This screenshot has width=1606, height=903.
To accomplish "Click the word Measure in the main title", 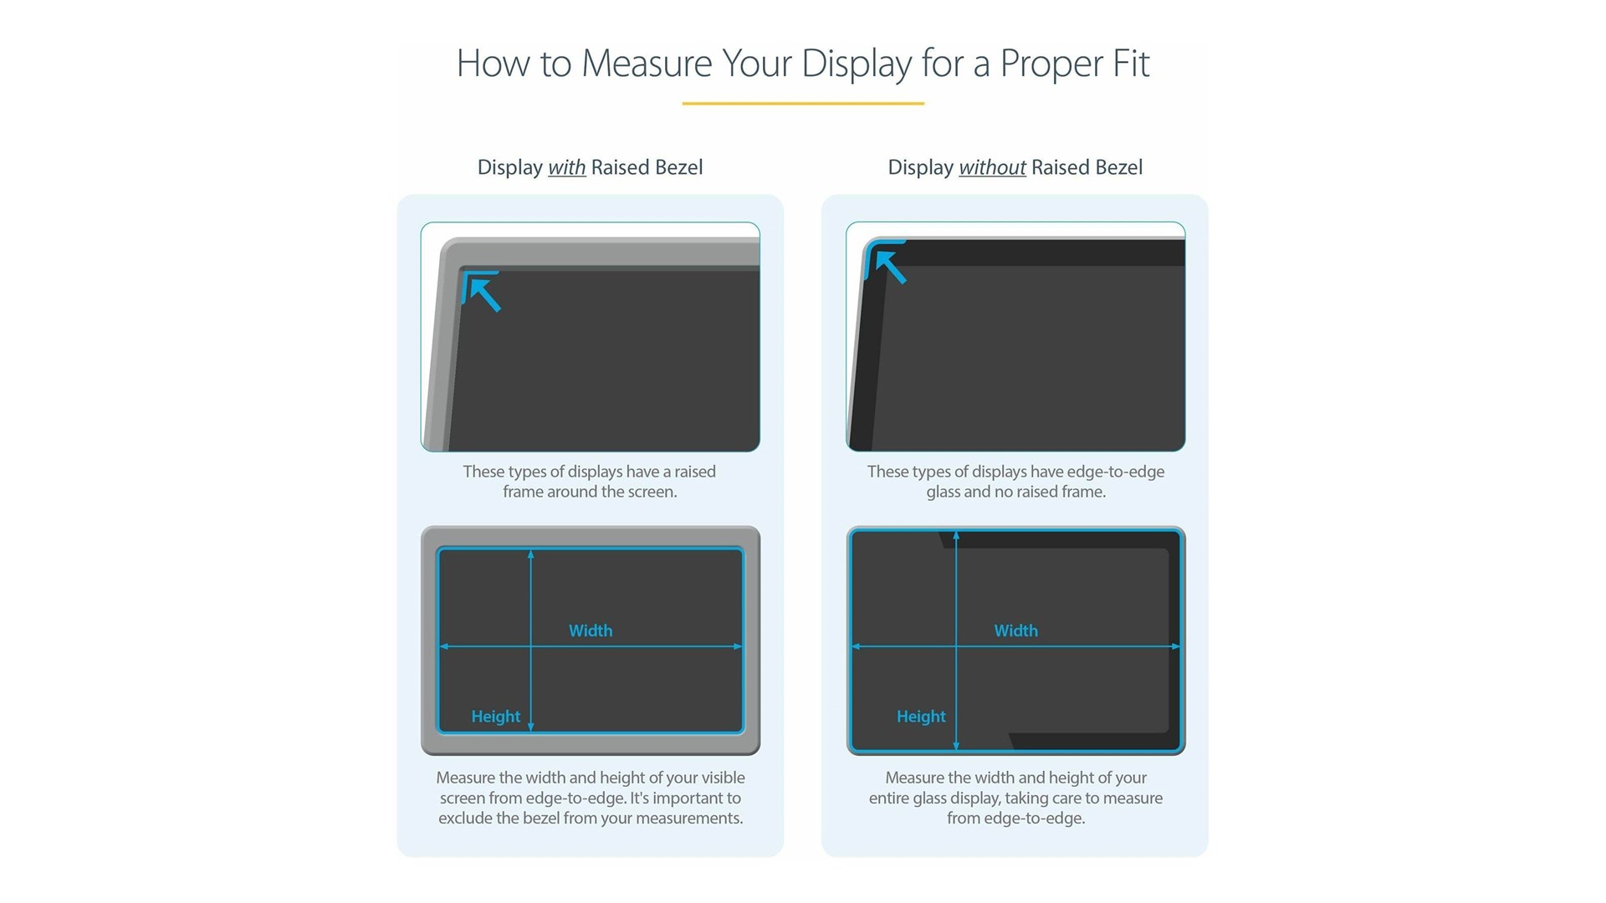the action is point(646,64).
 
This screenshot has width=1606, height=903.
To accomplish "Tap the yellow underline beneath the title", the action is point(803,104).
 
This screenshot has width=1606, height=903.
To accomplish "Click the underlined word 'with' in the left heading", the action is point(566,167).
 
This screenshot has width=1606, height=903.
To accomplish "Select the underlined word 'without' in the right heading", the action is point(992,167).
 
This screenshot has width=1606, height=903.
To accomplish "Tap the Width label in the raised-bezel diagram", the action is point(591,630).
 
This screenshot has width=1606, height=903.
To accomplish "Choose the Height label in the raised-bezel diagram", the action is point(495,717).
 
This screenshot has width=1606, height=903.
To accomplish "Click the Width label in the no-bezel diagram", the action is point(1015,630).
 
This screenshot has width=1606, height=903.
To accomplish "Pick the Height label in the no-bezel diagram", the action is point(921,717).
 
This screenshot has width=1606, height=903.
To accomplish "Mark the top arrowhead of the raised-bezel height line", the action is point(530,554).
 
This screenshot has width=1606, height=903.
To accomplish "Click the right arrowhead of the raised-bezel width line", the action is point(738,646).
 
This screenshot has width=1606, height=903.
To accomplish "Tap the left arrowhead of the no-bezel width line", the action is point(856,646).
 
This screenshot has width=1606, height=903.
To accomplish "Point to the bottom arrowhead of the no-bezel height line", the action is point(956,745).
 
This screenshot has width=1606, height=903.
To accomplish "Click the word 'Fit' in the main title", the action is point(1131,64).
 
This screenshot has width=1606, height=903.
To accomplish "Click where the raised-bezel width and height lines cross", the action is point(530,646).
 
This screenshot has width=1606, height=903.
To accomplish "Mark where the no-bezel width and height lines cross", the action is point(956,646).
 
